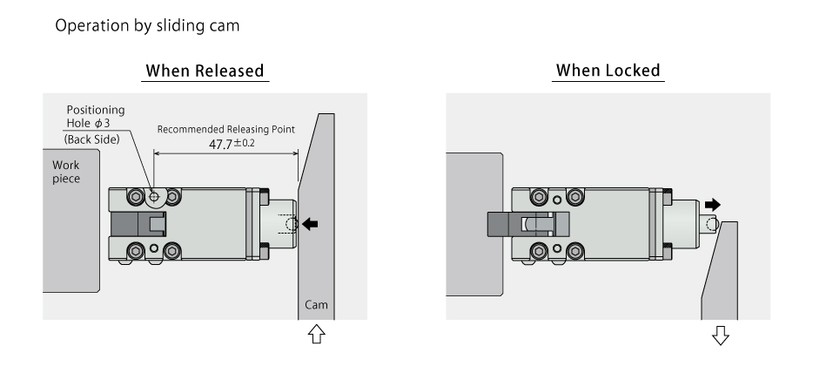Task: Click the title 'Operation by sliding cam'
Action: (147, 25)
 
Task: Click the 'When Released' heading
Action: (205, 71)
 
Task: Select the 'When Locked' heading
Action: (608, 71)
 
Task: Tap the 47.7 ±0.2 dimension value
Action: (231, 144)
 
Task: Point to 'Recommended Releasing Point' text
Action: (225, 129)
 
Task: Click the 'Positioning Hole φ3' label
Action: (95, 116)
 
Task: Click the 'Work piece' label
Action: (66, 172)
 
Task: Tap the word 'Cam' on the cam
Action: (315, 305)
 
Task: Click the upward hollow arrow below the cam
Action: (317, 334)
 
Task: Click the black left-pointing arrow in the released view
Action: (310, 224)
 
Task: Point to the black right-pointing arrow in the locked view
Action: (713, 205)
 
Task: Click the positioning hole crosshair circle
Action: (154, 197)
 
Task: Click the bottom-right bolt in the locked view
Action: (574, 253)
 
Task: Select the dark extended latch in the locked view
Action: (514, 224)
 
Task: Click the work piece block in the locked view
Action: (474, 224)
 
